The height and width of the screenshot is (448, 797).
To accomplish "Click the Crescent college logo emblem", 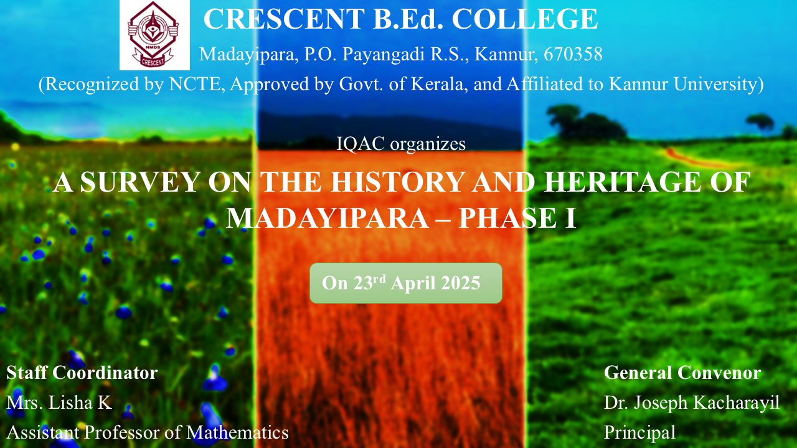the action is tap(154, 35).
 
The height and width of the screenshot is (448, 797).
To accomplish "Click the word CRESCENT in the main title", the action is tap(284, 19).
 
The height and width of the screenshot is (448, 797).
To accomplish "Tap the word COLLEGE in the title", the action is tap(525, 19).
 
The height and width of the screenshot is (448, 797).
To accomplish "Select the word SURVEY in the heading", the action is tap(139, 182).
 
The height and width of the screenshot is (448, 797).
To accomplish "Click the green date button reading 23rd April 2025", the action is tap(405, 283).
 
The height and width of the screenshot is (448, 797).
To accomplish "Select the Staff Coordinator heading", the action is tap(82, 373).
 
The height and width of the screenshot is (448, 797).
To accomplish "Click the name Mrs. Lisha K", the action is tap(59, 403).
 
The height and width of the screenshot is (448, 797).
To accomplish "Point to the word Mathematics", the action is tap(237, 432).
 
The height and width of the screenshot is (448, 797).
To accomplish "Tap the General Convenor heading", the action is tap(682, 373).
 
